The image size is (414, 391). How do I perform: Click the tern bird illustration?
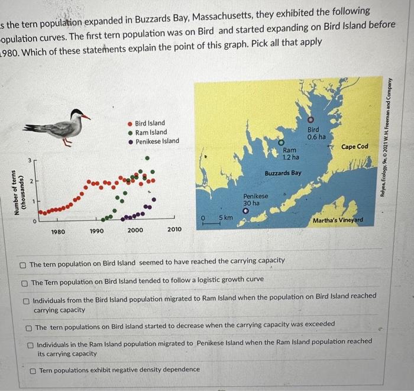(x=62, y=125)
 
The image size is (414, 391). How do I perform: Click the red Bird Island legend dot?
(x=130, y=123)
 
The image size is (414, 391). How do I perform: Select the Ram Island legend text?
(x=151, y=133)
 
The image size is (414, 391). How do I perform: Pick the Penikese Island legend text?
(x=157, y=142)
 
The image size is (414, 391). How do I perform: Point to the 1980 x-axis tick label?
(x=58, y=231)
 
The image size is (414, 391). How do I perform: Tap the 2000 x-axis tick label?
(x=135, y=230)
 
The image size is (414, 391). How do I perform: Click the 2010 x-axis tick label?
(x=174, y=229)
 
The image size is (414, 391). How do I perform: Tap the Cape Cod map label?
(x=354, y=147)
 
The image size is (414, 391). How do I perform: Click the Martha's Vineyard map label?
(x=338, y=221)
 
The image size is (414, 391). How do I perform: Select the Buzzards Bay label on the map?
(x=283, y=173)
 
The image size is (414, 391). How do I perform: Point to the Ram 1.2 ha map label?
(x=290, y=154)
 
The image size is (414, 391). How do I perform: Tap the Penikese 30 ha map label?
(x=255, y=199)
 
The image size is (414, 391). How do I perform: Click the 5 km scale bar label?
(x=225, y=218)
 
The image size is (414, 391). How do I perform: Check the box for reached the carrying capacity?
(x=22, y=261)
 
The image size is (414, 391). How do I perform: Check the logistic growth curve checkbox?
(x=24, y=283)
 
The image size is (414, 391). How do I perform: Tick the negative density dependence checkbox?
(x=33, y=370)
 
